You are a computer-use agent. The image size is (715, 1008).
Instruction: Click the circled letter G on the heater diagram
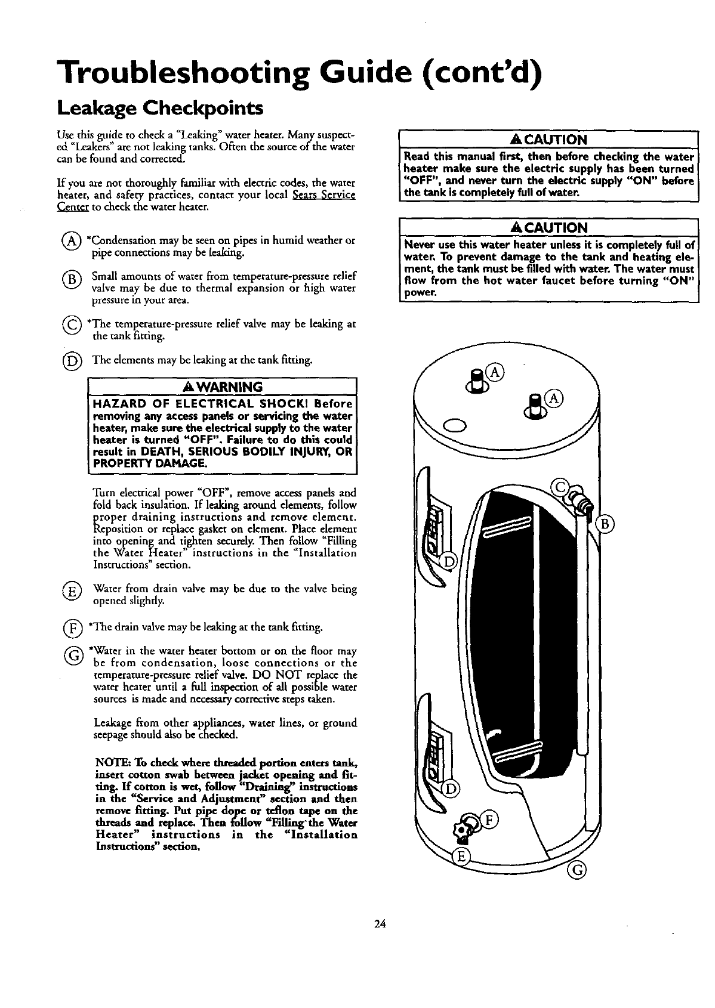click(x=577, y=871)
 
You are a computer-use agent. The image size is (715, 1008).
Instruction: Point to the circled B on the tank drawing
click(x=605, y=524)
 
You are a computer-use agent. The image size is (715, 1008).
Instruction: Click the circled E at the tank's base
click(x=460, y=857)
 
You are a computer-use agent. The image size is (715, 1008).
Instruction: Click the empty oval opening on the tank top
click(x=453, y=425)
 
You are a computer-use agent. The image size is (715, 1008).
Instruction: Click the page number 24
click(x=380, y=924)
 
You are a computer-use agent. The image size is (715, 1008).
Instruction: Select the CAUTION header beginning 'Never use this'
click(x=548, y=227)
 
